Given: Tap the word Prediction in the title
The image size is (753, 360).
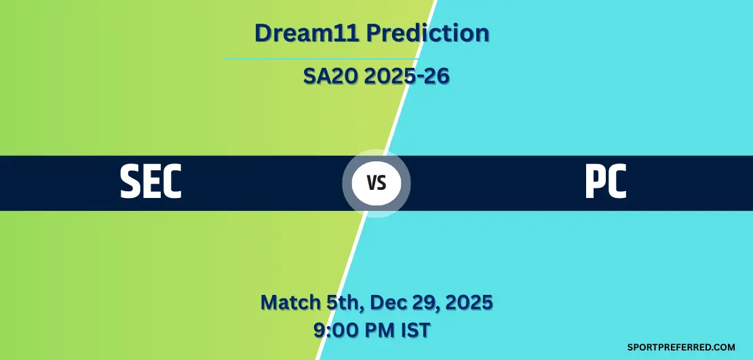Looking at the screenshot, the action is coord(428,33).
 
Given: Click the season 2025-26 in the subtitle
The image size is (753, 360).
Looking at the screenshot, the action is coord(406,77).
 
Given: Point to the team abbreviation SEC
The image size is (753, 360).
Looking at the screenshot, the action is coord(151,182).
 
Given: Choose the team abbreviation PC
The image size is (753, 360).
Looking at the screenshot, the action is coord(606,182).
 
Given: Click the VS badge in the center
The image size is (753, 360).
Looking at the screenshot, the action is coord(376,183).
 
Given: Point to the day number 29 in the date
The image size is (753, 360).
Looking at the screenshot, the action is coord(425,303).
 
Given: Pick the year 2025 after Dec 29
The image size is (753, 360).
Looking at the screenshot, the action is coord(468,303).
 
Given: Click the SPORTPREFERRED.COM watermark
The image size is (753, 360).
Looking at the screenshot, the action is coord(681,347).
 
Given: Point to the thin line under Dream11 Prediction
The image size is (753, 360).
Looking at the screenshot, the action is coord(321,59).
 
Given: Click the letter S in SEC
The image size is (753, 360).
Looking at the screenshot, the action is coord(130,182).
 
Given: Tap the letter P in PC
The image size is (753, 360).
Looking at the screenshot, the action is coord(594,182).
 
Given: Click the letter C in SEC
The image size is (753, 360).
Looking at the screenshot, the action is coord(172,182).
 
